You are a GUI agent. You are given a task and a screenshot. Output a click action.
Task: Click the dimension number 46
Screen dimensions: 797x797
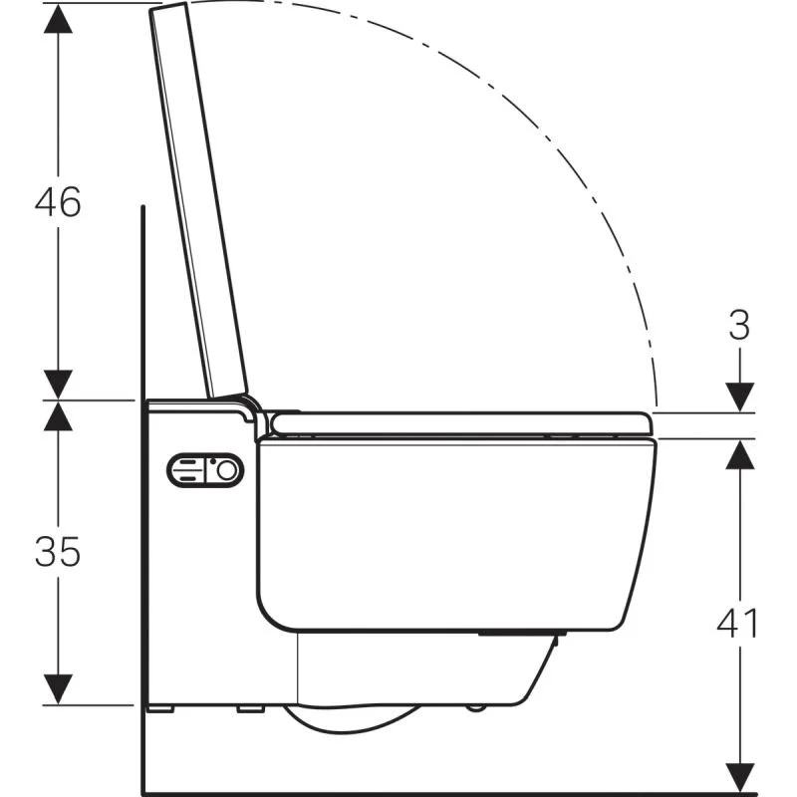click(x=58, y=202)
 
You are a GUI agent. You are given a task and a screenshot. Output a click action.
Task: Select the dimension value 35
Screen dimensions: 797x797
click(x=58, y=552)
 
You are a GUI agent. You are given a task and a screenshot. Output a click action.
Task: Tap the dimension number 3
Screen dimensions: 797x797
click(x=739, y=326)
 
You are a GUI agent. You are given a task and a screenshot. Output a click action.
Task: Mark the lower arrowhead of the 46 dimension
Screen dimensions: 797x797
click(x=58, y=385)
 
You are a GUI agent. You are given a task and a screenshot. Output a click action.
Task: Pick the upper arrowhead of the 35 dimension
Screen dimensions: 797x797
click(x=58, y=416)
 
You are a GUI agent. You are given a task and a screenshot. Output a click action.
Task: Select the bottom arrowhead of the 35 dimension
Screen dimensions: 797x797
click(x=58, y=689)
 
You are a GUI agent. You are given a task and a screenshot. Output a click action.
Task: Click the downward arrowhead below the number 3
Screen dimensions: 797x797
click(x=739, y=397)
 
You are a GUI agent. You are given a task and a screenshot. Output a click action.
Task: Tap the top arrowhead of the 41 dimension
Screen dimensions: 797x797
click(x=739, y=454)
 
